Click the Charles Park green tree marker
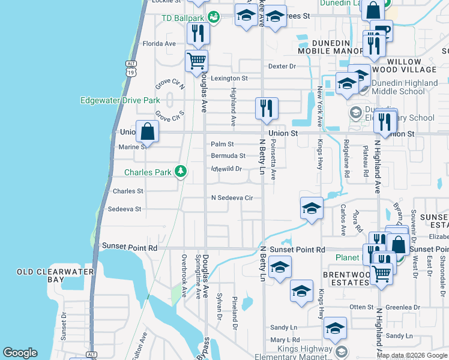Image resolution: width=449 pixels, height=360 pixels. tap(180, 172)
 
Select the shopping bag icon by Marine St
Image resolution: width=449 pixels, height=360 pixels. tap(147, 131)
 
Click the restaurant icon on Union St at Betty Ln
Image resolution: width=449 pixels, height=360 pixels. tap(267, 108)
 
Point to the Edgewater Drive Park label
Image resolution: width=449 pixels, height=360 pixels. tap(120, 100)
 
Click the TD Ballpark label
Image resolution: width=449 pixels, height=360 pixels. tap(184, 17)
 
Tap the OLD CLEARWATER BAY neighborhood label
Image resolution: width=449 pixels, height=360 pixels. tap(47, 276)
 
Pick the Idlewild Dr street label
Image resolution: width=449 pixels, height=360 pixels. tap(226, 169)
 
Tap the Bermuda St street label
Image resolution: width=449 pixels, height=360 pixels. tap(228, 155)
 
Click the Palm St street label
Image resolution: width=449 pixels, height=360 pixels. tap(222, 144)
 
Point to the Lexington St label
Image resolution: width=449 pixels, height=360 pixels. tap(228, 79)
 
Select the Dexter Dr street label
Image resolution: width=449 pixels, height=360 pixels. tap(282, 66)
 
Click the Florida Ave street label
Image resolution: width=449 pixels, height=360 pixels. tap(159, 44)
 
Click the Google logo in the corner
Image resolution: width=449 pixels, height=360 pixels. tap(20, 353)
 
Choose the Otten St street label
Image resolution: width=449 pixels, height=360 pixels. tap(361, 307)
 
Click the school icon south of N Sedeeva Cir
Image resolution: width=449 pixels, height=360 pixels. tap(312, 209)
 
